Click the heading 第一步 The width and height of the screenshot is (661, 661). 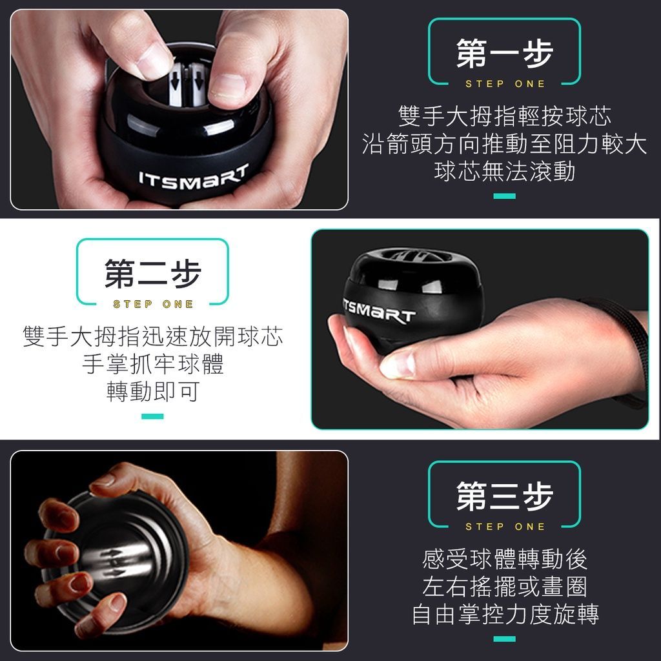point(504,54)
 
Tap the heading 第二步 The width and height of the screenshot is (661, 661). point(152,274)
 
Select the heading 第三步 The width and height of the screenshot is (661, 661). point(504,496)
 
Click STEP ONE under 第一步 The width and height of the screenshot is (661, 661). point(505,84)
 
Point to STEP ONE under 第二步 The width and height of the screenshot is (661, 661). point(153,304)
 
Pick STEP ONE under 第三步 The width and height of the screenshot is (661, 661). point(505,526)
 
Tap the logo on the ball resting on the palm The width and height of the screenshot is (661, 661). point(378,311)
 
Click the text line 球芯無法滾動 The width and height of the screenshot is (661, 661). point(505,172)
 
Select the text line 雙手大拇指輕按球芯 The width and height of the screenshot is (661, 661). point(505,116)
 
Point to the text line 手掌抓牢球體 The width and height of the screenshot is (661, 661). point(153,364)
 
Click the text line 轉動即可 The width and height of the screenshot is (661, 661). point(153,392)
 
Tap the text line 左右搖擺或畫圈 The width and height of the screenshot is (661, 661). point(505,586)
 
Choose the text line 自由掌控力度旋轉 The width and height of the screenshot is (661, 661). point(505,614)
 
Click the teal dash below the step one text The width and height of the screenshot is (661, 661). point(505,196)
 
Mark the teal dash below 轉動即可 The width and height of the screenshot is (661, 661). point(152,416)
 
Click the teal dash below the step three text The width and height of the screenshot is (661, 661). point(505,638)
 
